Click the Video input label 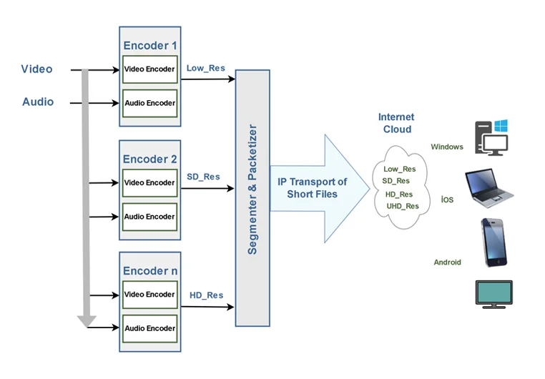36,69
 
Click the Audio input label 38,102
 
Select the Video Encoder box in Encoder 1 149,69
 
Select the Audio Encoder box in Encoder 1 149,103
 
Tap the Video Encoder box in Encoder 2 149,183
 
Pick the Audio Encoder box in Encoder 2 149,217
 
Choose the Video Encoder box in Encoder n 149,295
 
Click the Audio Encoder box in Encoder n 149,328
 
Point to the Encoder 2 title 149,159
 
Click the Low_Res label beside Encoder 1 206,69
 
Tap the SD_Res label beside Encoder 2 204,177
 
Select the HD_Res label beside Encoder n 206,295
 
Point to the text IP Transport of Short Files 312,188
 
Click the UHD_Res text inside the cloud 403,206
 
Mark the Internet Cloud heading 396,123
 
